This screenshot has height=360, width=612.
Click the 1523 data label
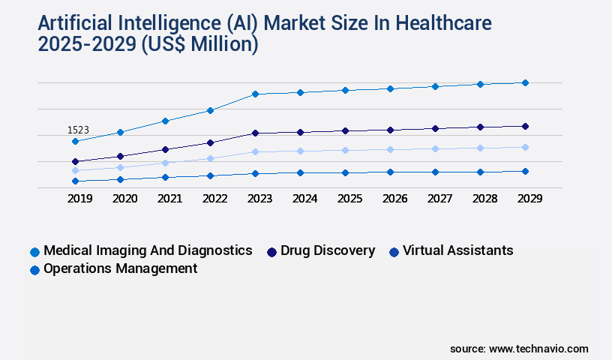tap(78, 130)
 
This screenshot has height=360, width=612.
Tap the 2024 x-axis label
tap(304, 199)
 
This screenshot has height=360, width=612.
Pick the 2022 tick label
tap(214, 199)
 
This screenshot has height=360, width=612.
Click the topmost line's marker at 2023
tap(255, 94)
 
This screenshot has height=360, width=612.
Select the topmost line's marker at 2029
tap(525, 82)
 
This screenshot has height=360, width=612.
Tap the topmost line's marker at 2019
tap(75, 141)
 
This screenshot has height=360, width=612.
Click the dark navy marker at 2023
tap(255, 133)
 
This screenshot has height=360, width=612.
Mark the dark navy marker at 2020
tap(120, 156)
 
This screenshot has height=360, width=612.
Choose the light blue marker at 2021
tap(165, 162)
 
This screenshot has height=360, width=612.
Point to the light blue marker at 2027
tap(435, 148)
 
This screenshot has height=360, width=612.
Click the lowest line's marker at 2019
tap(75, 181)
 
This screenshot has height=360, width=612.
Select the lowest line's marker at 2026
tap(390, 172)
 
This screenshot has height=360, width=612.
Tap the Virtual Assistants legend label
tap(457, 250)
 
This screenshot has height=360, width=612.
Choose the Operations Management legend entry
tap(120, 268)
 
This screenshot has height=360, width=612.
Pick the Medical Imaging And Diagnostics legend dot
tap(34, 252)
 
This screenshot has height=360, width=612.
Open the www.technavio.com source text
tap(538, 349)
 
